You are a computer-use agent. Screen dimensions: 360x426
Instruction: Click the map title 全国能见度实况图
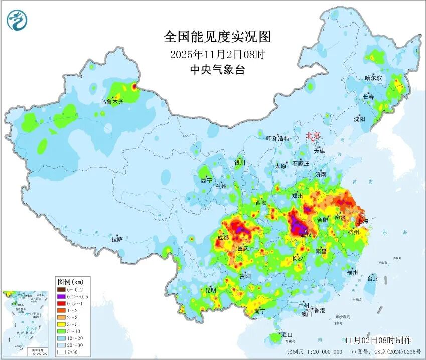pos(217,37)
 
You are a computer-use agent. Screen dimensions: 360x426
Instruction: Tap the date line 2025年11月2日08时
pos(217,54)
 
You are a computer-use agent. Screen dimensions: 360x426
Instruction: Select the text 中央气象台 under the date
pos(217,70)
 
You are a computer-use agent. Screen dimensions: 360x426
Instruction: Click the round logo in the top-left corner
pos(17,20)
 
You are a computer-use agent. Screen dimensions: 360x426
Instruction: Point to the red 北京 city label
pos(313,135)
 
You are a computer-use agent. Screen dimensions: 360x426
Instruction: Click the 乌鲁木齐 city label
pos(111,101)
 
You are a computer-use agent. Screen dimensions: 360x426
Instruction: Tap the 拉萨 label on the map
pos(117,240)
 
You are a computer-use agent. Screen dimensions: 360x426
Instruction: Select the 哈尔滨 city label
pos(373,78)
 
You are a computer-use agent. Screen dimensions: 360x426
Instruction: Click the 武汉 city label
pos(306,235)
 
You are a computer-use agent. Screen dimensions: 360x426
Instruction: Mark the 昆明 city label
pos(210,290)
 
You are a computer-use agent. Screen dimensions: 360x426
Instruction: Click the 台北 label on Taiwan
pos(372,279)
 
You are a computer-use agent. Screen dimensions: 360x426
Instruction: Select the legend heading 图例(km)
pos(70,281)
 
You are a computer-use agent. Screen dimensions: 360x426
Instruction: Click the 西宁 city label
pos(206,180)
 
